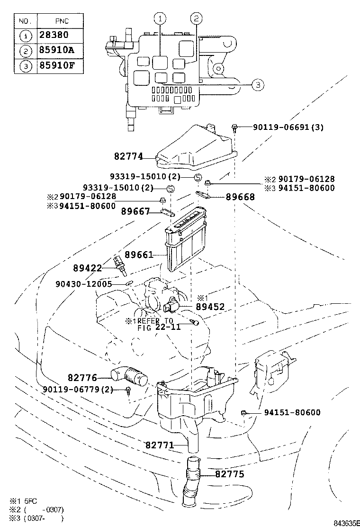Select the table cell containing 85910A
[54, 51]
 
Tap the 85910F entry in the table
[54, 66]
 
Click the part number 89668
[240, 197]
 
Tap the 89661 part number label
[139, 255]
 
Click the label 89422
[88, 268]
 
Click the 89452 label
[210, 307]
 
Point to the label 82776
[82, 378]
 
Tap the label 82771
[160, 445]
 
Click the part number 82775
[230, 473]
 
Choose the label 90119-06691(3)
[288, 127]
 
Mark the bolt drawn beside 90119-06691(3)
[235, 126]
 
